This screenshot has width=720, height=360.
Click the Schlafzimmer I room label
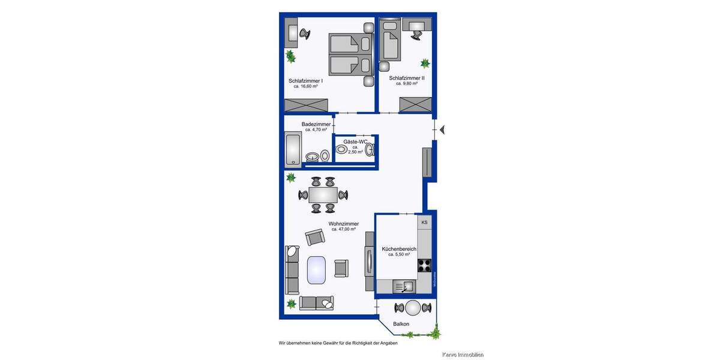point(305,80)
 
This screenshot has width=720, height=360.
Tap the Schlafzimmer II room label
point(406,78)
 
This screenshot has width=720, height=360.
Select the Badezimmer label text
point(316,124)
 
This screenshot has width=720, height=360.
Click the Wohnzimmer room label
point(343,224)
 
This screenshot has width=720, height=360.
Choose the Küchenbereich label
point(399,248)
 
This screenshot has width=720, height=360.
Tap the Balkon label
point(401,324)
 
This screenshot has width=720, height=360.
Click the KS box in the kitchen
point(424,223)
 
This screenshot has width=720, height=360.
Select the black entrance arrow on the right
point(442,130)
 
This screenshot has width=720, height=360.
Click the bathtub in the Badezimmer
point(293,149)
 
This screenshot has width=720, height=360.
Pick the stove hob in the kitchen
point(424,265)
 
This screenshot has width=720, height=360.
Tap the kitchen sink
point(404,287)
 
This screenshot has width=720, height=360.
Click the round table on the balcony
point(413,308)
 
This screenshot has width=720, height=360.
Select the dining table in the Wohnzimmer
point(323,195)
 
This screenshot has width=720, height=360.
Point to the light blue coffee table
point(316,269)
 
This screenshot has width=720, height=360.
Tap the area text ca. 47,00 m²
point(344,229)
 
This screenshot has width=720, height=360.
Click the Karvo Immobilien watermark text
point(463,355)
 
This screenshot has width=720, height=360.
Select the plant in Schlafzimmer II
point(425,63)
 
